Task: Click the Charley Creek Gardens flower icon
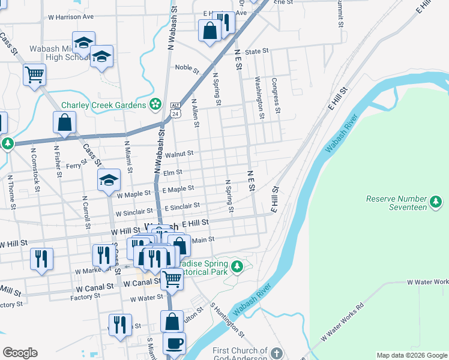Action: pyautogui.click(x=155, y=104)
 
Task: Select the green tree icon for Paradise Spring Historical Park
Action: pyautogui.click(x=237, y=265)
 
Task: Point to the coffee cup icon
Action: pyautogui.click(x=174, y=343)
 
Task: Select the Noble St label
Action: pyautogui.click(x=187, y=68)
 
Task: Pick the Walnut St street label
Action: pyautogui.click(x=179, y=154)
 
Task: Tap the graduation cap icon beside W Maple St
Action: pyautogui.click(x=109, y=180)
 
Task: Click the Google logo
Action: pyautogui.click(x=20, y=353)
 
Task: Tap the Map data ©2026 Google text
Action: pyautogui.click(x=411, y=355)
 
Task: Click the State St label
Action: pyautogui.click(x=256, y=52)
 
